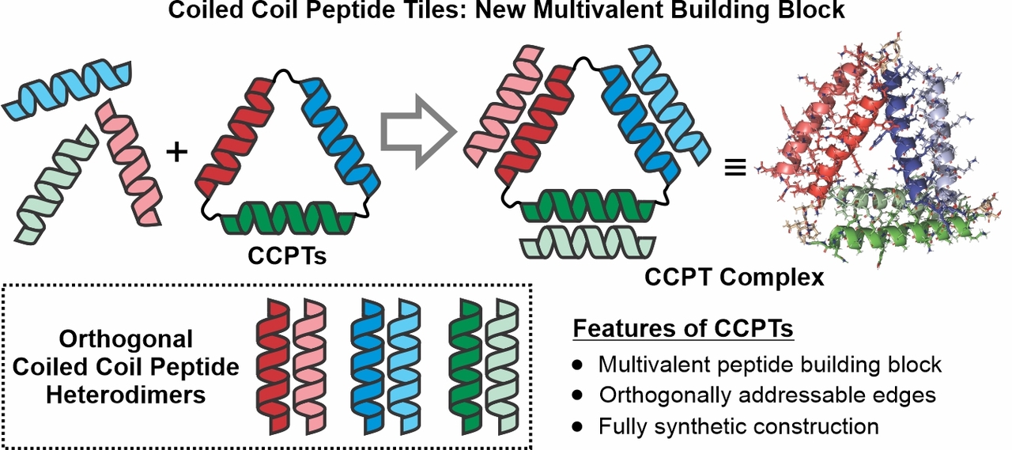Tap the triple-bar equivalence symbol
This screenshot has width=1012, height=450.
pyautogui.click(x=735, y=168)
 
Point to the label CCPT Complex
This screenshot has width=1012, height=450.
pyautogui.click(x=734, y=278)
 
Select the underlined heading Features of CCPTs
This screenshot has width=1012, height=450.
pyautogui.click(x=682, y=329)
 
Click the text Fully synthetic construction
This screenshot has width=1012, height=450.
pyautogui.click(x=738, y=425)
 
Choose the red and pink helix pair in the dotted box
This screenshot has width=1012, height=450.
pyautogui.click(x=288, y=365)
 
